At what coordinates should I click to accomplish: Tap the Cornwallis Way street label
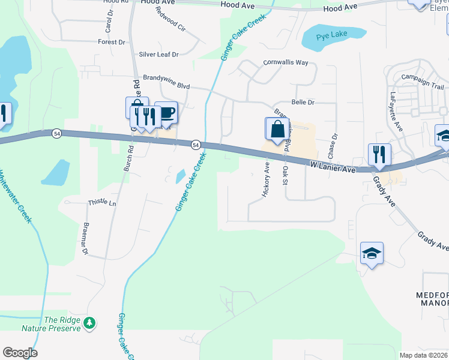coord(286,62)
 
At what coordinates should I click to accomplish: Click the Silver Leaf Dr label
coord(159,55)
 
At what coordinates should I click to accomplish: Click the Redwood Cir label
coord(170,20)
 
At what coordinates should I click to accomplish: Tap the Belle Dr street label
coord(303,103)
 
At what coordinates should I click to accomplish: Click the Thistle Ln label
coord(102,203)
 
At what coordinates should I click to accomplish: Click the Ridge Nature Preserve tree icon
coord(89,324)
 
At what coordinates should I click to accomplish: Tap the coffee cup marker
coord(166,113)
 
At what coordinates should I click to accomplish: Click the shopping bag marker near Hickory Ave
coord(277,130)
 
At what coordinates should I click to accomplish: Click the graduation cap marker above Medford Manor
coord(372,254)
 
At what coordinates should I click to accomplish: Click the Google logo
coord(20,353)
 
